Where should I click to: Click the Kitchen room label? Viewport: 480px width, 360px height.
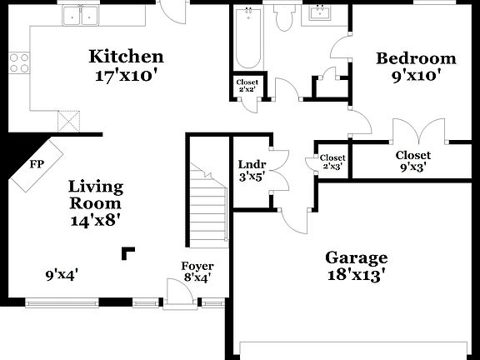click(x=126, y=57)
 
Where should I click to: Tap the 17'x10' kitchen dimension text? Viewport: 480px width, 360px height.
click(x=126, y=73)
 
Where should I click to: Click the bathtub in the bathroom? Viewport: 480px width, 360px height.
click(x=247, y=39)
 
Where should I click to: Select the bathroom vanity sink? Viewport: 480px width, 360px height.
click(x=319, y=13)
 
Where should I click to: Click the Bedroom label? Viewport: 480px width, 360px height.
click(x=416, y=58)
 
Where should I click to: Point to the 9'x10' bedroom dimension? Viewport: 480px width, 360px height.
click(x=416, y=75)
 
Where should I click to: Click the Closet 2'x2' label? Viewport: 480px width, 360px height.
click(x=247, y=86)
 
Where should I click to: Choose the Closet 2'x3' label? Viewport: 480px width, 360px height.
click(x=332, y=162)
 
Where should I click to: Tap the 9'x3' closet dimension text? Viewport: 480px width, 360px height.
click(x=412, y=166)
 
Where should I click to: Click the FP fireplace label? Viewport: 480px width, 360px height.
click(x=37, y=163)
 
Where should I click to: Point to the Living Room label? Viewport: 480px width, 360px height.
click(x=95, y=194)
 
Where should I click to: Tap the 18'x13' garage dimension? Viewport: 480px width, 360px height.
click(x=355, y=275)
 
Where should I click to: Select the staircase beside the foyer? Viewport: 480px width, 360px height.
click(x=208, y=204)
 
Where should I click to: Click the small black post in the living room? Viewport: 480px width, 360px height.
click(x=127, y=252)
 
